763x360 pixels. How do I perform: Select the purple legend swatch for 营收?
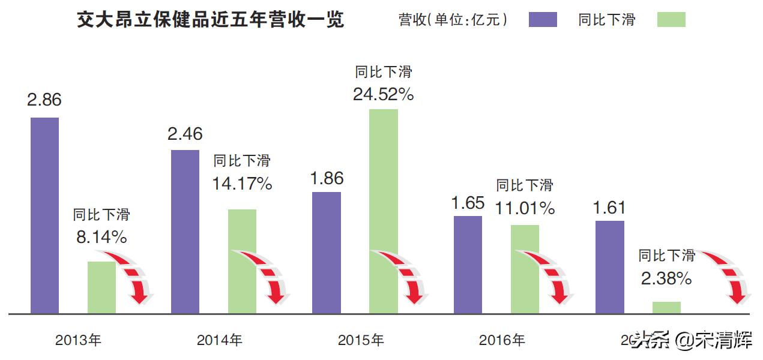click(543, 20)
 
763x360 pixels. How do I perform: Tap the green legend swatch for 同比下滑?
click(671, 20)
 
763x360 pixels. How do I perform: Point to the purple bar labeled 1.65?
click(468, 264)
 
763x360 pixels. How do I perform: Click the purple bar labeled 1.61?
click(609, 266)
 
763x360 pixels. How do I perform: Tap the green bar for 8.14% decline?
click(101, 287)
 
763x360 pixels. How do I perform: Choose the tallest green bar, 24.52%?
click(384, 211)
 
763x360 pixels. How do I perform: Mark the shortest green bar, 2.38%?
click(666, 307)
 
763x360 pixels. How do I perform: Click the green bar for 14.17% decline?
click(242, 261)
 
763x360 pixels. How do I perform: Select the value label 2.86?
click(44, 100)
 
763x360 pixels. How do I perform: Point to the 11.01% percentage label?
click(525, 209)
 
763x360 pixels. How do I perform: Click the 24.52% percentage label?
click(384, 94)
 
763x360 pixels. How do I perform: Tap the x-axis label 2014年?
click(220, 341)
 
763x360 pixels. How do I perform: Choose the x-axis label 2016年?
click(502, 341)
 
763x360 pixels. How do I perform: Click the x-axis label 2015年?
click(361, 341)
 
